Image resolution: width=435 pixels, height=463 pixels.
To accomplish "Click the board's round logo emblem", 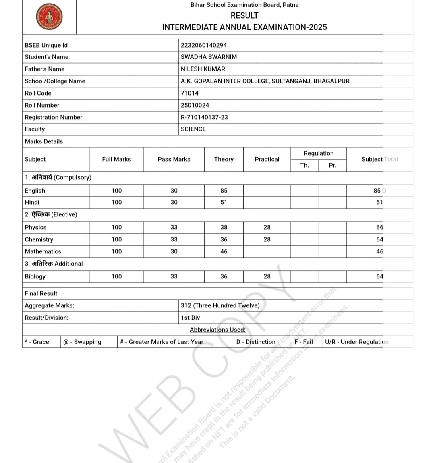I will click(x=49, y=17).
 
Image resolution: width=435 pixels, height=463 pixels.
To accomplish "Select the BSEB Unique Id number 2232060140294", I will click(x=203, y=45).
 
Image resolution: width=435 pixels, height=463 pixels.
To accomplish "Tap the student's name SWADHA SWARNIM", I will click(x=209, y=57).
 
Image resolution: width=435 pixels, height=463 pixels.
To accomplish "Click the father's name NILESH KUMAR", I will click(x=203, y=69).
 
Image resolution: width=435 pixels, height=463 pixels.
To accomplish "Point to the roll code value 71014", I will click(x=189, y=93).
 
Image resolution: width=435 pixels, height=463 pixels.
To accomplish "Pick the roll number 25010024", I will click(x=195, y=105).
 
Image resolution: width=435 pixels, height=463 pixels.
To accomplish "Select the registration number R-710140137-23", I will click(x=204, y=117).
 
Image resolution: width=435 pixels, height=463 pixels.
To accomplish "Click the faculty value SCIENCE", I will click(x=193, y=129).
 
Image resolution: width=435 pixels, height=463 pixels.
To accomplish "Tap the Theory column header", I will click(x=224, y=159).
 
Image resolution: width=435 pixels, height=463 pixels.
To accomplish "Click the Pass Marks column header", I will click(x=174, y=159).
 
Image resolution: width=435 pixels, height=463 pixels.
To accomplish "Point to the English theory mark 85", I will click(x=224, y=191).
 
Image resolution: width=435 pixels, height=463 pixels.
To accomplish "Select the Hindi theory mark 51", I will click(x=224, y=202).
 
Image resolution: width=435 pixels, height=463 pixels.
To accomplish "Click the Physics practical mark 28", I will click(x=267, y=227).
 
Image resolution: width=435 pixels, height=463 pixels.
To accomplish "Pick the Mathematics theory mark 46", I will click(x=224, y=251).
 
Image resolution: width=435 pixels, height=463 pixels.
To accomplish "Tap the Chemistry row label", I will click(x=39, y=239).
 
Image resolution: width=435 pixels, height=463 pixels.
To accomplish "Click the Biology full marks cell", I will click(x=116, y=276).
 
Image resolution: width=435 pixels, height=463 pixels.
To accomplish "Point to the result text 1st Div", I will click(x=190, y=318).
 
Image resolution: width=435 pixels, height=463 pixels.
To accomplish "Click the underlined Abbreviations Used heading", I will click(x=217, y=330).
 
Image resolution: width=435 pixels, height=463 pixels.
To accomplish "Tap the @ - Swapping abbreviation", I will click(x=82, y=342).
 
